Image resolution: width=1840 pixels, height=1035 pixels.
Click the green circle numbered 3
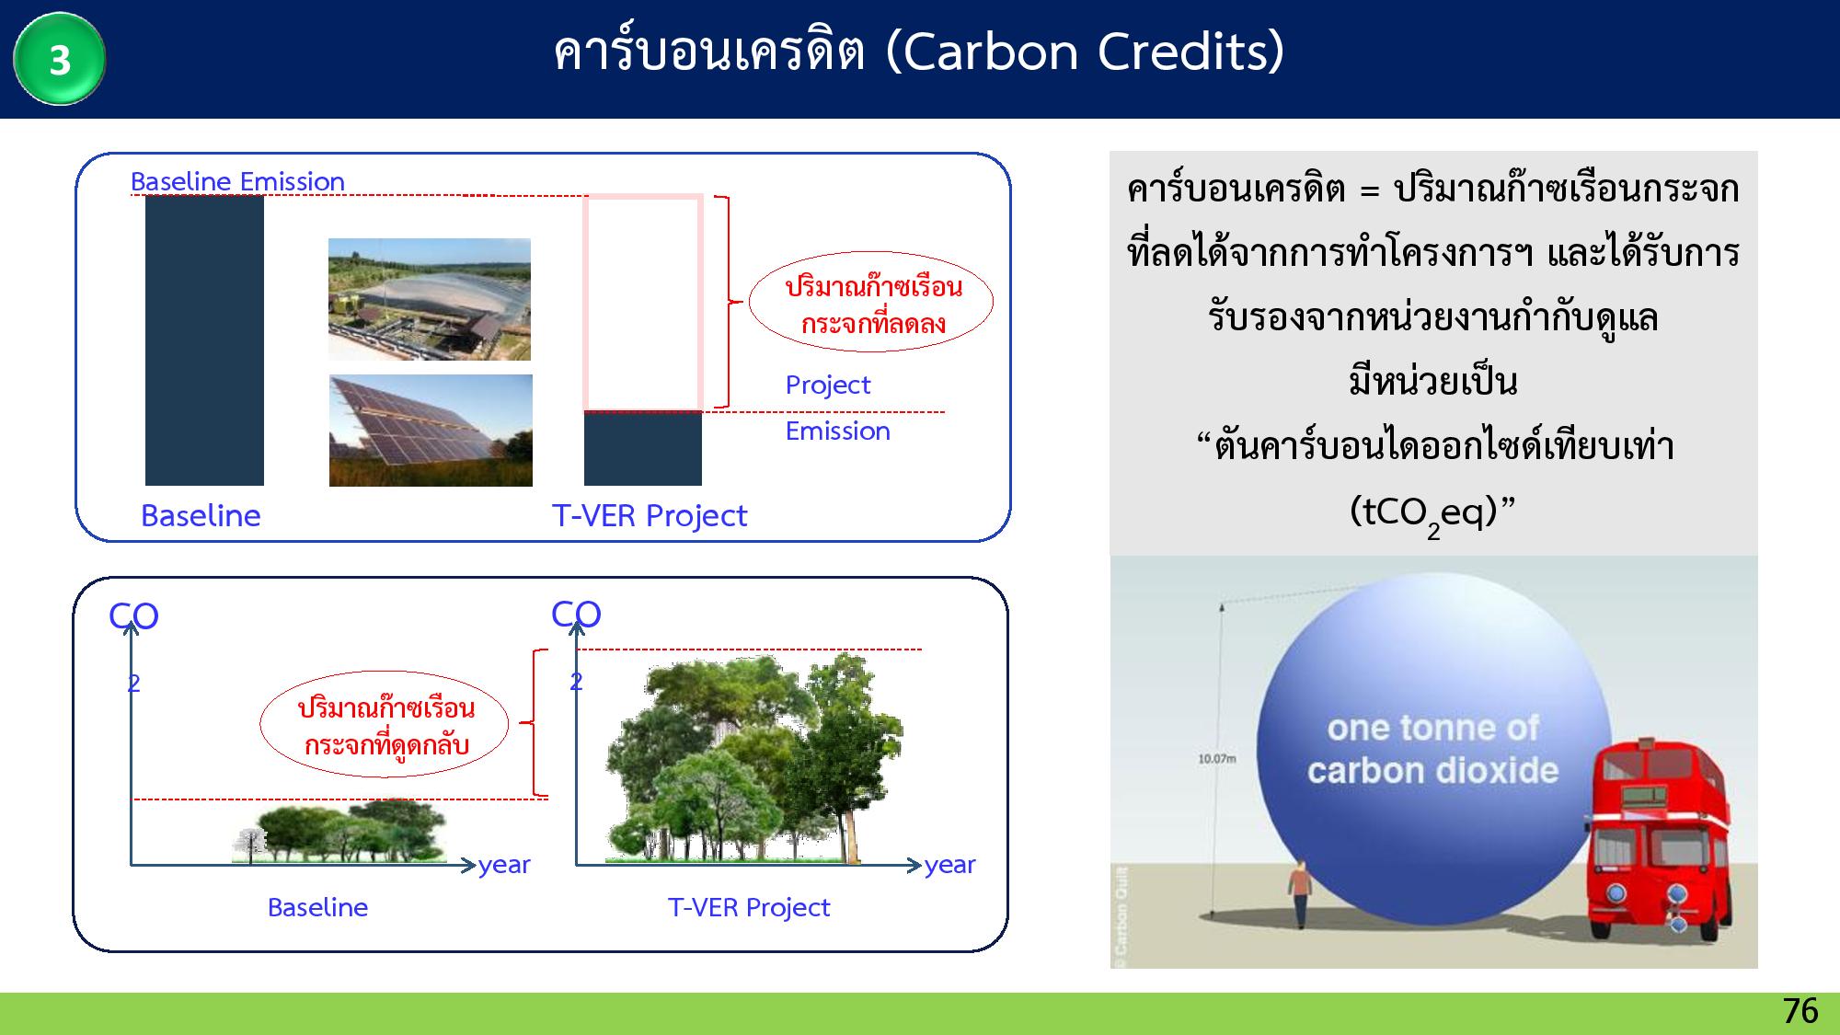[x=60, y=59]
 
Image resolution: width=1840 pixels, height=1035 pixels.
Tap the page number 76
[x=1800, y=1011]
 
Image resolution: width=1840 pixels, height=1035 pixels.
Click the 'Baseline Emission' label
[x=237, y=181]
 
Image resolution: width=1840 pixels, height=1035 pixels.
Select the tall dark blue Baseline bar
[x=204, y=340]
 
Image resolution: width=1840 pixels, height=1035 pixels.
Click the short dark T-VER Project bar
[x=643, y=449]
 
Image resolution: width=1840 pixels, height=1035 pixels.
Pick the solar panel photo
[x=431, y=430]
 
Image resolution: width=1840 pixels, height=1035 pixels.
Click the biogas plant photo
[x=430, y=299]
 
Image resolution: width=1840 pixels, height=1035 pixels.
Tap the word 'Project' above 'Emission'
[x=828, y=385]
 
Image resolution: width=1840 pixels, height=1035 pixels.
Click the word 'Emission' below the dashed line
[x=838, y=431]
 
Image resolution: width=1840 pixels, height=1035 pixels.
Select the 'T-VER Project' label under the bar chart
[x=650, y=515]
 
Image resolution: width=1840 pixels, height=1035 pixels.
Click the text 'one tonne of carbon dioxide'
[x=1433, y=749]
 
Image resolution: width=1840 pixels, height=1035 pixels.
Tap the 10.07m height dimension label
[x=1216, y=759]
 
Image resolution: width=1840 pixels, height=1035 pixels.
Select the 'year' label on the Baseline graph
[x=504, y=865]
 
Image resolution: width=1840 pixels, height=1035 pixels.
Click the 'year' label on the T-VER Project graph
[x=950, y=865]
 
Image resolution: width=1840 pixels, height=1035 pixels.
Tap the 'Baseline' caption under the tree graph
[x=317, y=907]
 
